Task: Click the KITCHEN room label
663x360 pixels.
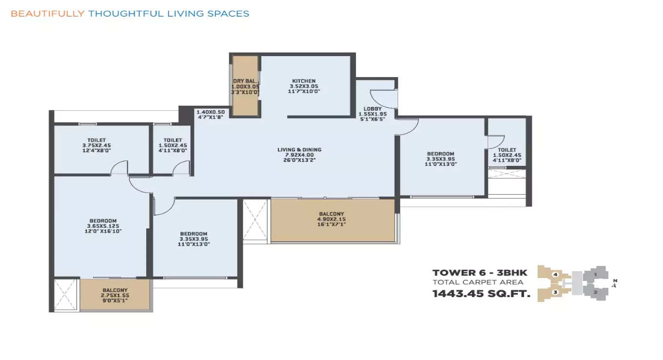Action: click(304, 81)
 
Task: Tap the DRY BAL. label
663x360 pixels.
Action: click(245, 81)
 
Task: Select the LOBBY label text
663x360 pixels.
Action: click(372, 109)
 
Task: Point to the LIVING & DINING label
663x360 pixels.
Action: click(299, 150)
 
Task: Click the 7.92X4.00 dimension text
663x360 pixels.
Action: click(299, 155)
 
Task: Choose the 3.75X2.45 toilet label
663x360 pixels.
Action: click(96, 145)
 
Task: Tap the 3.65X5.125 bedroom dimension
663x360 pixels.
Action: click(102, 226)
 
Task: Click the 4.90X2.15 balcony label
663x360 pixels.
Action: click(331, 220)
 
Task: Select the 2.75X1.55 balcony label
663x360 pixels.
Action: click(115, 296)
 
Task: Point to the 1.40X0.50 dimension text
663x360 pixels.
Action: click(211, 112)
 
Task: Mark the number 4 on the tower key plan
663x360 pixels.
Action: click(555, 275)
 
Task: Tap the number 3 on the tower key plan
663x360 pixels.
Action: click(555, 292)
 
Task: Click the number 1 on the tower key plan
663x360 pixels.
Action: click(595, 275)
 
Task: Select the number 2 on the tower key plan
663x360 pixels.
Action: click(595, 292)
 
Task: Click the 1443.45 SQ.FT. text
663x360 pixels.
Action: click(481, 294)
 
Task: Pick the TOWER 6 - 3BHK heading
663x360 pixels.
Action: click(480, 273)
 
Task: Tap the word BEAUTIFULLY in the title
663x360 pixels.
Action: click(47, 14)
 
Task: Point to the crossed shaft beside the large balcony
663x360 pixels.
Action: click(255, 220)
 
